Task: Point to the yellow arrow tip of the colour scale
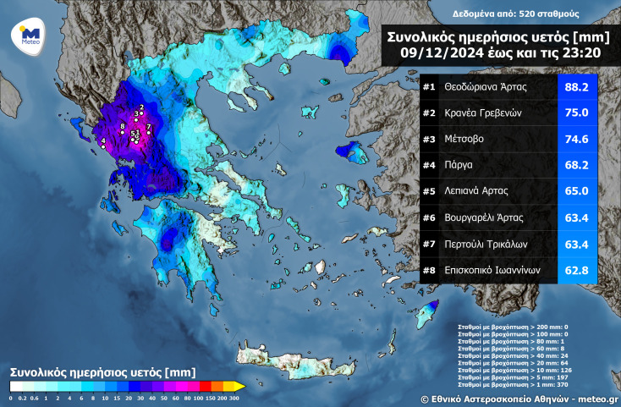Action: point(241,387)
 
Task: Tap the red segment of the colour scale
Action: point(203,387)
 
